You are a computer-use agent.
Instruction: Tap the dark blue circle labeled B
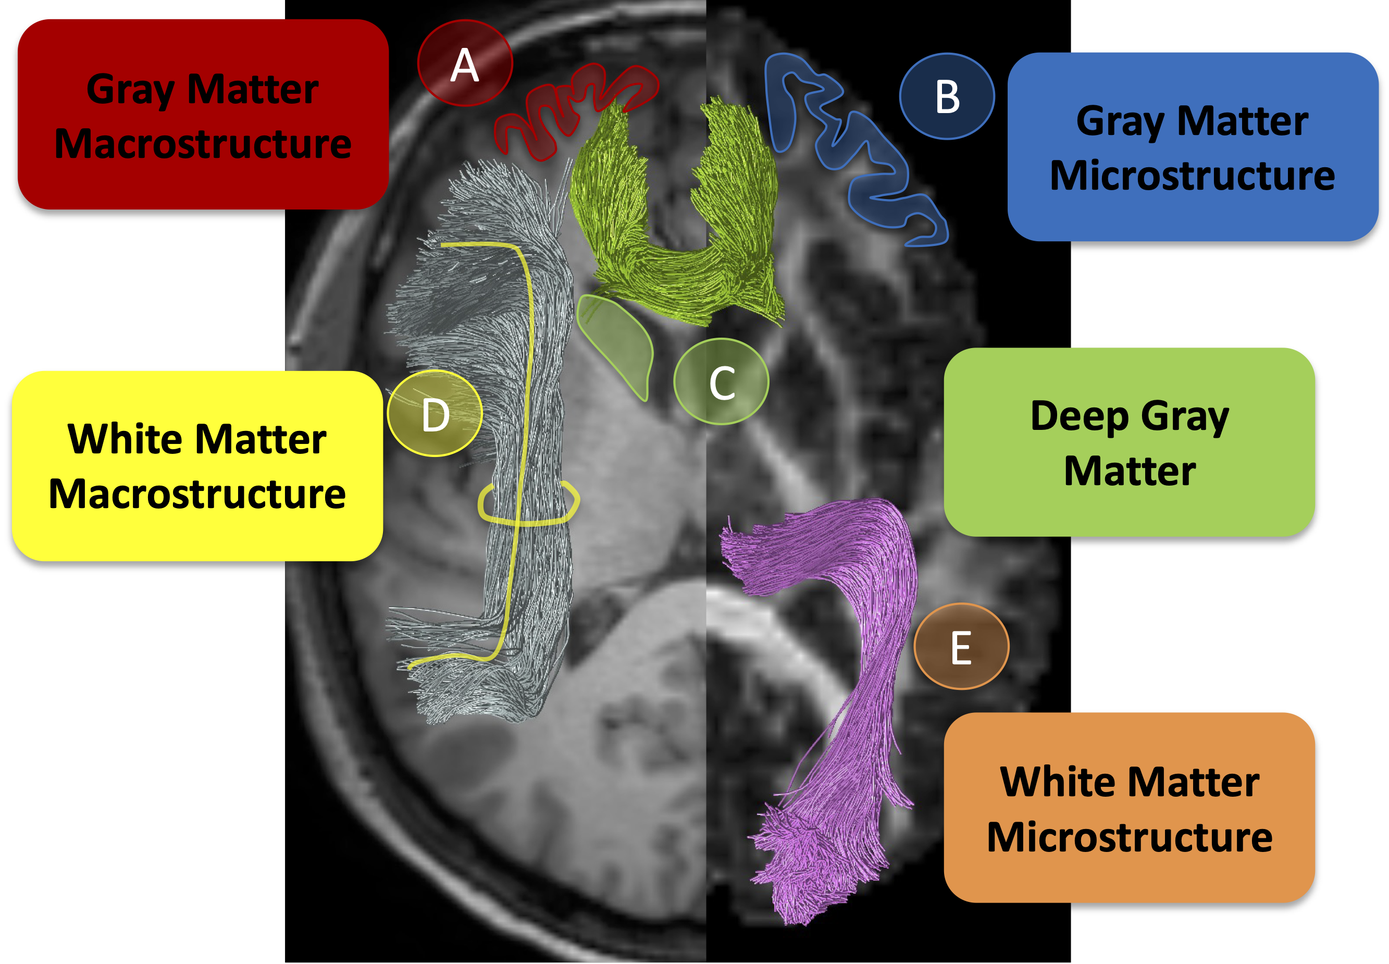tap(946, 96)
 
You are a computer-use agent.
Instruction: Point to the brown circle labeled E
tap(961, 646)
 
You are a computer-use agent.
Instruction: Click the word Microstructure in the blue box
tap(1192, 176)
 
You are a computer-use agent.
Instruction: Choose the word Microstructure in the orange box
tap(1130, 837)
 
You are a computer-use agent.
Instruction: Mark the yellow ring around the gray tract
tap(528, 520)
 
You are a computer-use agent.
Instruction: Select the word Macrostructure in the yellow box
tap(197, 494)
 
